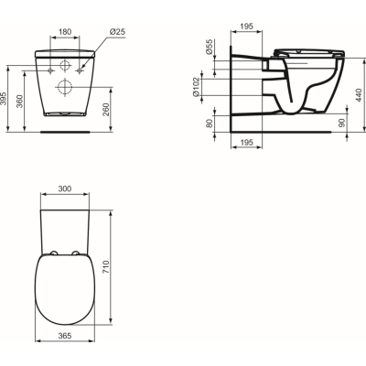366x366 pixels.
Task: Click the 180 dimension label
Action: pos(63,32)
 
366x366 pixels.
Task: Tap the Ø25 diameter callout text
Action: pos(116,32)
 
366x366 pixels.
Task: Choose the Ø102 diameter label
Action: pos(210,89)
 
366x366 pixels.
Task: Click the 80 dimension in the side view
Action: pos(210,123)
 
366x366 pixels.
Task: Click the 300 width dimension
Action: pos(64,188)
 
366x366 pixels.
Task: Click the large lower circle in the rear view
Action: pos(65,87)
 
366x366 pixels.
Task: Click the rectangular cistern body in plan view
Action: pos(65,224)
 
